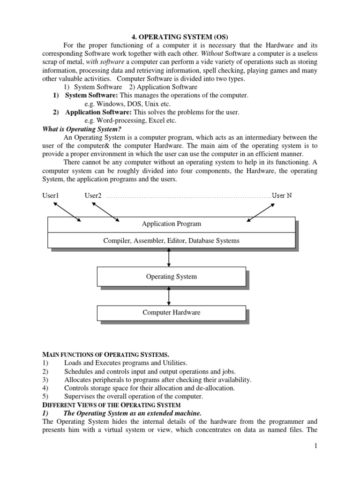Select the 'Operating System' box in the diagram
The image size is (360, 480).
point(171,277)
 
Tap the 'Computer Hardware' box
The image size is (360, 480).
point(171,313)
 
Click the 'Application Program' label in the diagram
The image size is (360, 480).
point(171,224)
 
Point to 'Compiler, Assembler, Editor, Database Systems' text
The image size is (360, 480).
point(171,240)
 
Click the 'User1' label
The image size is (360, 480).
point(51,195)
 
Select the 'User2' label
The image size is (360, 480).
point(93,195)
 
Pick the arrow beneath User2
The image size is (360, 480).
point(106,211)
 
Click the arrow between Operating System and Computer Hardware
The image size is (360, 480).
point(169,296)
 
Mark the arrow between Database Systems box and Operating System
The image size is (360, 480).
point(169,257)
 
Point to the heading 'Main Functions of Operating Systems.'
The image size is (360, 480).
point(106,354)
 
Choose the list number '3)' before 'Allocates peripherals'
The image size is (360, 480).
point(45,379)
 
